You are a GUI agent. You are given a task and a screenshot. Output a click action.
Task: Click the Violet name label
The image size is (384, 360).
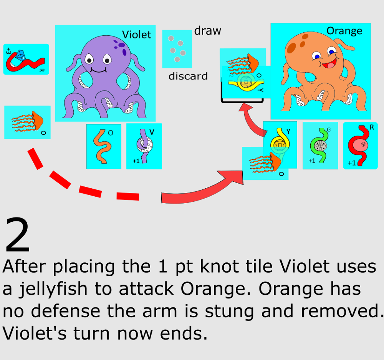pos(136,35)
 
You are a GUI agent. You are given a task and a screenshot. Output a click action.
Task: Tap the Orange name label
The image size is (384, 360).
pos(344,31)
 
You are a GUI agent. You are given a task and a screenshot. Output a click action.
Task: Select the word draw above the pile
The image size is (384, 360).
pos(207,31)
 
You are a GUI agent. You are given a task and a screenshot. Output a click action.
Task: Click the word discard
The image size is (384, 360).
pos(188,76)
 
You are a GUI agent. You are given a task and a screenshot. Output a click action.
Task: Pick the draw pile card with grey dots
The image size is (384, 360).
pos(177,49)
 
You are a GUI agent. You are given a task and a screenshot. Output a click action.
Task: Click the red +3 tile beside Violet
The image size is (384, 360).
pos(26,59)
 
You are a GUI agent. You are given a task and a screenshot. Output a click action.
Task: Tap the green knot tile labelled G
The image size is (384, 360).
pos(320,145)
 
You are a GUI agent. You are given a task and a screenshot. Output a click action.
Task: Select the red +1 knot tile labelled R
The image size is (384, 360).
pos(360,146)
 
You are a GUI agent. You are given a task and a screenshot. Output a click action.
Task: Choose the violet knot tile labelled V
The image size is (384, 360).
pos(144,146)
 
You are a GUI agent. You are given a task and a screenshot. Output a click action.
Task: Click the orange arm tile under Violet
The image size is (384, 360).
pos(104,146)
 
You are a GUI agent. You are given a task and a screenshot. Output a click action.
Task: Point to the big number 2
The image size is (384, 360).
pos(17,236)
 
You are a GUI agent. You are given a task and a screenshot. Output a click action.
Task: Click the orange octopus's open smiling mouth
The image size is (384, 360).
pos(329,64)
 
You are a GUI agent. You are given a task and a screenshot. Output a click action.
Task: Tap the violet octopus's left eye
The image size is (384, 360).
pos(89,59)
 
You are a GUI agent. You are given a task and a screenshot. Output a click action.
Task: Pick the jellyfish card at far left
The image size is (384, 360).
pos(27,122)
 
